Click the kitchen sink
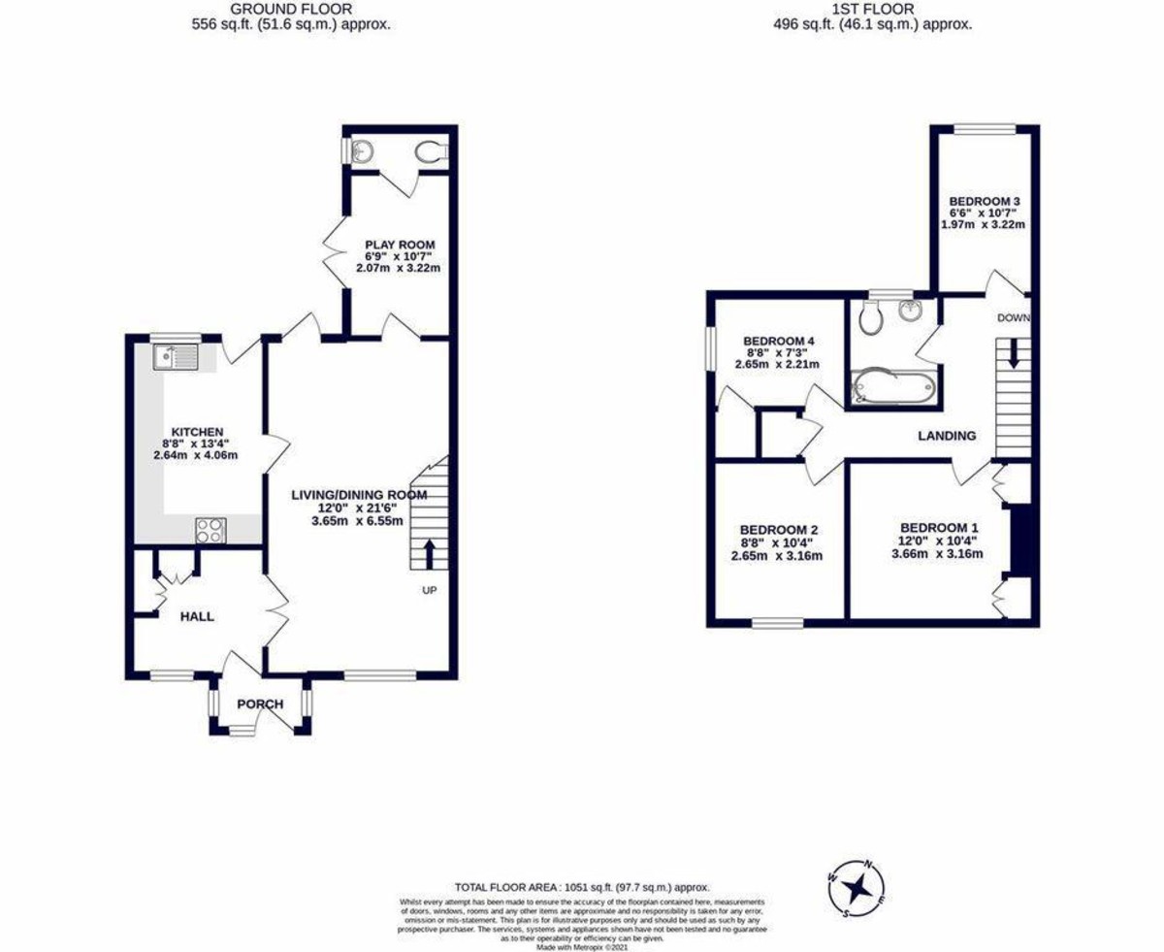coord(176,358)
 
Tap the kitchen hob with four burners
coord(211,529)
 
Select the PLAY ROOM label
coord(400,244)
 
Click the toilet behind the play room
coord(430,151)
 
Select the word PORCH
coord(260,704)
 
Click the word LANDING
coord(947,436)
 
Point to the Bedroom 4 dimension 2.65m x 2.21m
coord(778,364)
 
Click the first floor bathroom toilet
coord(868,316)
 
